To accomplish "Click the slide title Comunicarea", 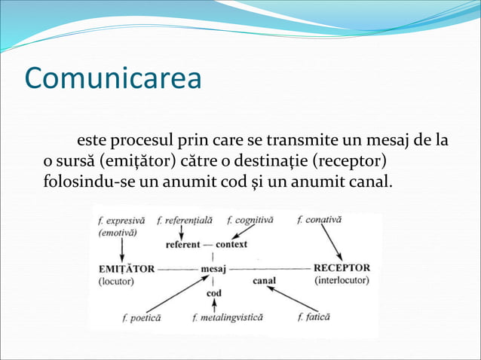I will tap(112, 78).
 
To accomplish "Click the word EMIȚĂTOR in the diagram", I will tap(127, 268).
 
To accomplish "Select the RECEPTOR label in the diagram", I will tap(341, 267).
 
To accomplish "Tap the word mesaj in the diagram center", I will tap(213, 268).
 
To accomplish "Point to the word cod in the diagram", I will tap(214, 293).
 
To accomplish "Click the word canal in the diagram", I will tap(264, 281).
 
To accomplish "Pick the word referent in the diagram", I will tap(183, 245).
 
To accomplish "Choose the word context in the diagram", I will tap(231, 245).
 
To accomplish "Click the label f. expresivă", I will tap(121, 221).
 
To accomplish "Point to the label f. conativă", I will tap(319, 220).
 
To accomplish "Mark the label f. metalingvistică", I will tap(227, 318).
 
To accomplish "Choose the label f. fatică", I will tap(313, 317).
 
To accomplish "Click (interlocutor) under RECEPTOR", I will tap(341, 280).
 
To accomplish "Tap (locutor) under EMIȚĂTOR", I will tap(116, 281).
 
